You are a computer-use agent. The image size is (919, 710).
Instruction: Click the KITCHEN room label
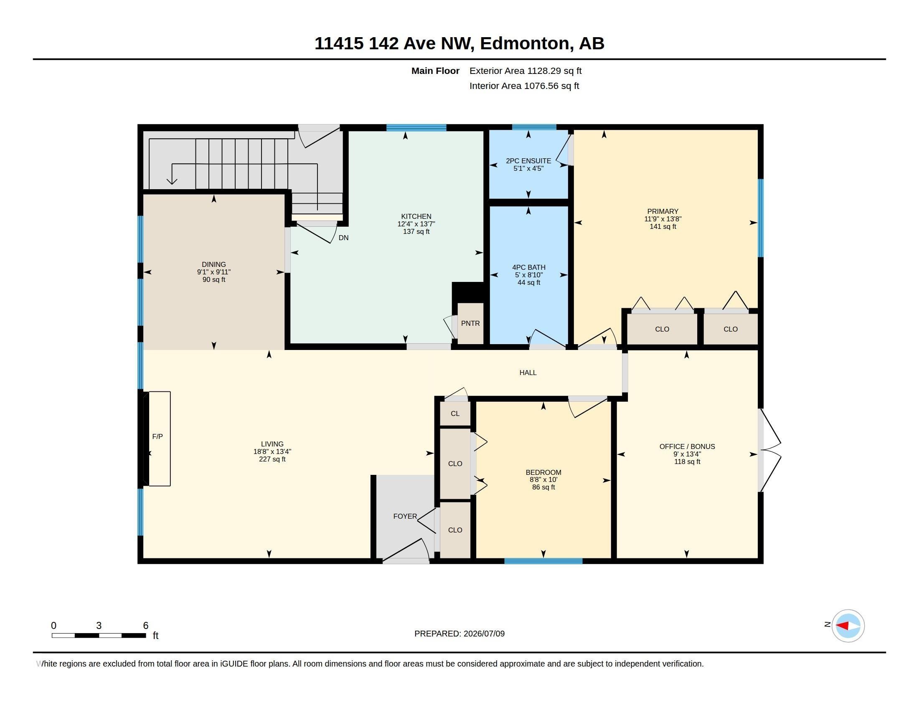[416, 216]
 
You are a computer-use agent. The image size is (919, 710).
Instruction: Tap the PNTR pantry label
[470, 323]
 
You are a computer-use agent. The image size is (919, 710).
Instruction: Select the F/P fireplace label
[157, 436]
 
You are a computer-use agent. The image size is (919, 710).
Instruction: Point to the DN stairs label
[343, 238]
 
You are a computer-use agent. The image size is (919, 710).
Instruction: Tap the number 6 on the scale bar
[146, 626]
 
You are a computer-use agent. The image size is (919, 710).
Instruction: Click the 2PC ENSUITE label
[528, 161]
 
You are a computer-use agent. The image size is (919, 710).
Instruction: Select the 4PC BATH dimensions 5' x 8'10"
[528, 275]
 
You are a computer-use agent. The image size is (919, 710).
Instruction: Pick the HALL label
[528, 373]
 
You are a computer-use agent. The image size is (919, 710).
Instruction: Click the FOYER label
[405, 517]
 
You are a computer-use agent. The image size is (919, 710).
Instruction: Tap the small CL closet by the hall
[455, 414]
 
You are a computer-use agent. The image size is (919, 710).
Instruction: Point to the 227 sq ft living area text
[272, 459]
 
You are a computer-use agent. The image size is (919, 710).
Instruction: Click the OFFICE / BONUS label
[687, 447]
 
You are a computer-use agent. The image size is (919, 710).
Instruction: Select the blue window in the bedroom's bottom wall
[543, 561]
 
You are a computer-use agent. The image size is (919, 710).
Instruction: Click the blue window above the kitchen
[416, 128]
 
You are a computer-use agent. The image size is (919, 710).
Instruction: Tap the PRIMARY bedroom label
[663, 212]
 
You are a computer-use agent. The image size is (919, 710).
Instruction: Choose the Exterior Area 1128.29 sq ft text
[526, 71]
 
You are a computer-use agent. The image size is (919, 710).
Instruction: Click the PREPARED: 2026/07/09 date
[459, 634]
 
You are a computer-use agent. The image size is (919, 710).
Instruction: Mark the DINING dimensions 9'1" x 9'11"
[214, 272]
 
